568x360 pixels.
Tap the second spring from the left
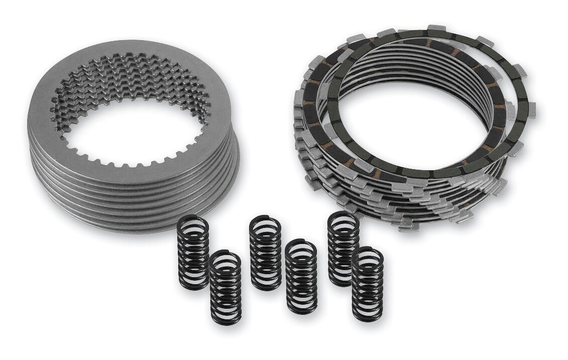tap(225, 287)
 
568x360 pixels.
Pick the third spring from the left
tap(265, 253)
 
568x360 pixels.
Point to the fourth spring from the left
tap(301, 277)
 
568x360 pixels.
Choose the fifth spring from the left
tap(344, 249)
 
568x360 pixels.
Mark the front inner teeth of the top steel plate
tap(136, 161)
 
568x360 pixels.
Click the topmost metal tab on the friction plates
tap(436, 27)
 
